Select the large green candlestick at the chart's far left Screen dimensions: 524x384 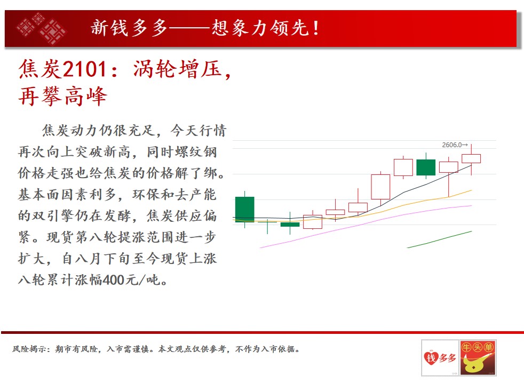pyautogui.click(x=244, y=210)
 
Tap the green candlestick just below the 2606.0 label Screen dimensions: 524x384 pyautogui.click(x=426, y=167)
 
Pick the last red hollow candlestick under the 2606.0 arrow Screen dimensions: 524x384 pyautogui.click(x=471, y=158)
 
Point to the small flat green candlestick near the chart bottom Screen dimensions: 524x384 pyautogui.click(x=290, y=225)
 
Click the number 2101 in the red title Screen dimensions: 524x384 pyautogui.click(x=85, y=69)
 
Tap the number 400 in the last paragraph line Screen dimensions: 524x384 pyautogui.click(x=114, y=280)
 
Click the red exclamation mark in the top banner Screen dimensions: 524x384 pyautogui.click(x=316, y=28)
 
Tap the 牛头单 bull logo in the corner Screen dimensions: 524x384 pyautogui.click(x=478, y=358)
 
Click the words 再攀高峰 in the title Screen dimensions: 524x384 pyautogui.click(x=63, y=97)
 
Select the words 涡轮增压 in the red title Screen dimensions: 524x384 pyautogui.click(x=178, y=69)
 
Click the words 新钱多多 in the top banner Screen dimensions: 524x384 pyautogui.click(x=129, y=28)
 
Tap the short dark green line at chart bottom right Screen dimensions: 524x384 pyautogui.click(x=440, y=239)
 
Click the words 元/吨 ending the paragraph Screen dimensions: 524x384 pyautogui.click(x=143, y=280)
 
